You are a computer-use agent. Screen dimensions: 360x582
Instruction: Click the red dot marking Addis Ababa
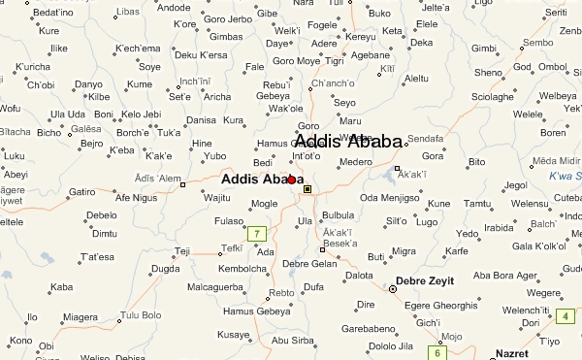coord(291,180)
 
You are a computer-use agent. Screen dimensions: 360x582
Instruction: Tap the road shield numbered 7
coord(256,234)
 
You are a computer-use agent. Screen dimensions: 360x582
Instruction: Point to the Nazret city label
coord(514,353)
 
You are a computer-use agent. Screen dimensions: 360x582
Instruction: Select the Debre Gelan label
coord(309,264)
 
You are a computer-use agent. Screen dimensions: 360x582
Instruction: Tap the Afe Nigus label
coord(137,197)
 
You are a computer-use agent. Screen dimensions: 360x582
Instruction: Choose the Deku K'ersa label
coord(202,54)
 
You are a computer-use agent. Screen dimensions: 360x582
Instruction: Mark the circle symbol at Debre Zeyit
coord(393,289)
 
